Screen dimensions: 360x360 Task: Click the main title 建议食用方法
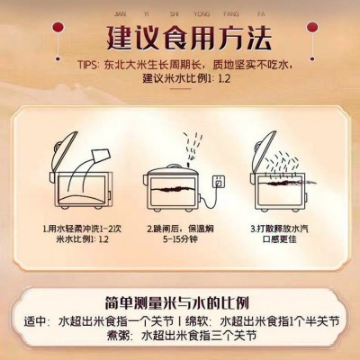(x=180, y=39)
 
